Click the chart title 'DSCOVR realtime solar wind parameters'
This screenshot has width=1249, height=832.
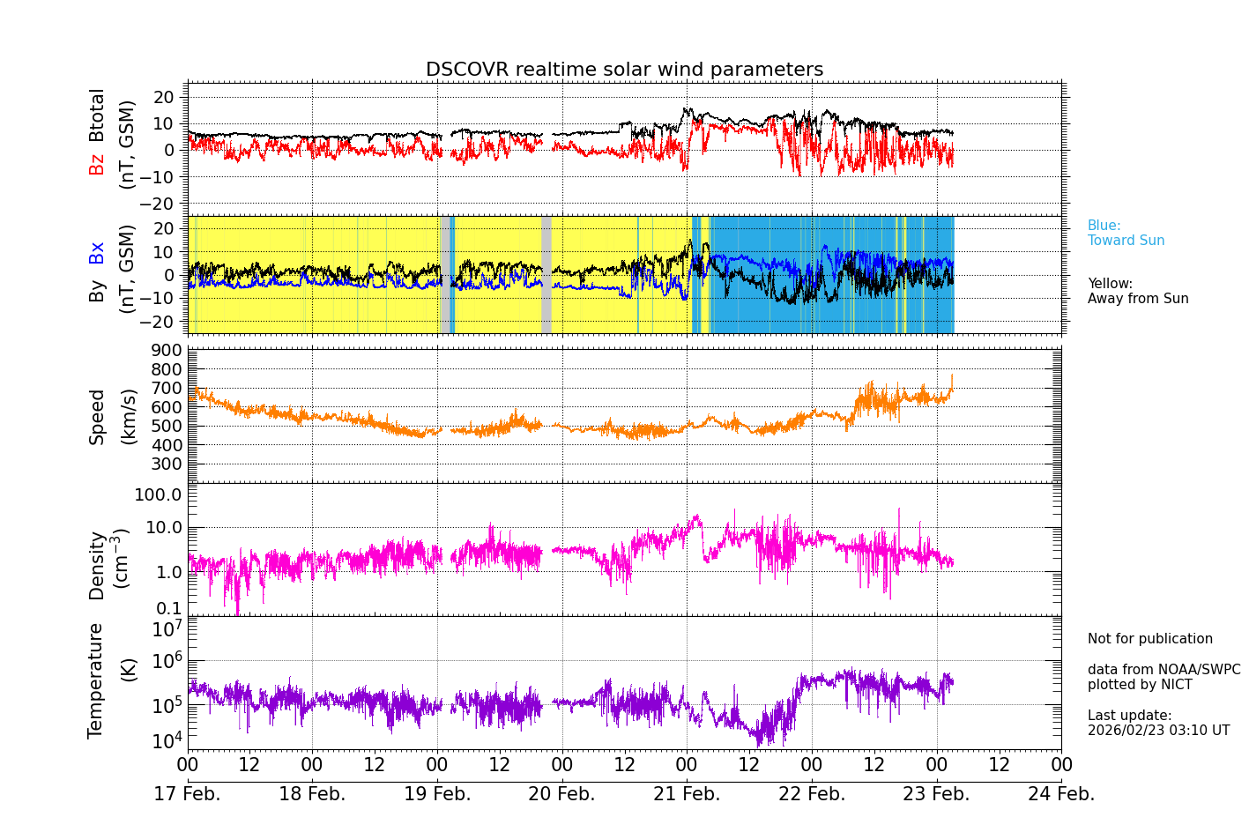(x=624, y=70)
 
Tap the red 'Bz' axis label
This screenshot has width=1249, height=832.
(x=97, y=165)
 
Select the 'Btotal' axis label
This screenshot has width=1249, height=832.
(x=97, y=115)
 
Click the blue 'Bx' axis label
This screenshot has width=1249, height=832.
(x=97, y=252)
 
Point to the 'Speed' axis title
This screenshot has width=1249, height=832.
(x=97, y=417)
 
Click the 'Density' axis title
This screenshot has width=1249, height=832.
(x=97, y=565)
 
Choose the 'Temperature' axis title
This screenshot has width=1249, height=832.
(x=95, y=680)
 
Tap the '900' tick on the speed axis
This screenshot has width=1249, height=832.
(x=167, y=351)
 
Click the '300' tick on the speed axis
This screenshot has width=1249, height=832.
(x=167, y=464)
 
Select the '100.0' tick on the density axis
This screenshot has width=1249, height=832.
(x=158, y=494)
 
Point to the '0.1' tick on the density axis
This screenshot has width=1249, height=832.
(x=170, y=608)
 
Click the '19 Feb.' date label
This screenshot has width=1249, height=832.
(x=437, y=794)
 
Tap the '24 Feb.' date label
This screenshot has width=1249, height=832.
(x=1061, y=794)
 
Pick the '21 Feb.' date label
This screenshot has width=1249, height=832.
(x=687, y=794)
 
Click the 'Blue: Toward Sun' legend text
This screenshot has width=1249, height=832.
(x=1126, y=234)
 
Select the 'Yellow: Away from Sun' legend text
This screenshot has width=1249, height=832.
(x=1137, y=291)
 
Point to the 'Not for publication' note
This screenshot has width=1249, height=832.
(x=1149, y=639)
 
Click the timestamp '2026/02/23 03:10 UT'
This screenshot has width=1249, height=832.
(x=1158, y=731)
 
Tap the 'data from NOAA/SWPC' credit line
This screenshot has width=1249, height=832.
(x=1164, y=670)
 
